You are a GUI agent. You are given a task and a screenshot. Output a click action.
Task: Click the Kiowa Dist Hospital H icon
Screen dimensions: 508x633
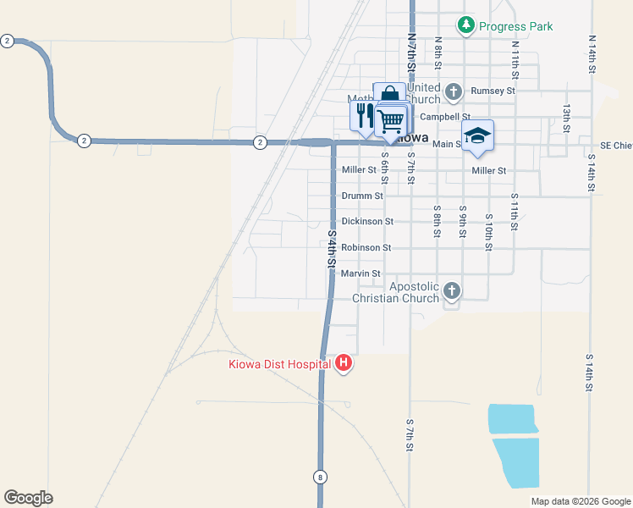(x=344, y=364)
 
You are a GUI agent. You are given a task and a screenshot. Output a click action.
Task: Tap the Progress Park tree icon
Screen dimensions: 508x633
(x=466, y=25)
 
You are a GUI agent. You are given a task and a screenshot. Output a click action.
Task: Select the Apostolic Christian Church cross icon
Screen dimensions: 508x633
(x=452, y=291)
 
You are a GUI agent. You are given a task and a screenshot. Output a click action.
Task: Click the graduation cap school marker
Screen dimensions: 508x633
(x=477, y=135)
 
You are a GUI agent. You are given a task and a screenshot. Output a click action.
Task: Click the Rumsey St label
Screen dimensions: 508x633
(x=493, y=91)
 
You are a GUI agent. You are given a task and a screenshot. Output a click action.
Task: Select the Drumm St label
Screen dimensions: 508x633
(x=361, y=196)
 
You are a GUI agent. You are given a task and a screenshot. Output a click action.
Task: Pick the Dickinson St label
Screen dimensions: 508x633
(x=367, y=221)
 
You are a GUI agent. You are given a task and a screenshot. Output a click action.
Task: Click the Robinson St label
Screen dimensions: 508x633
(x=366, y=247)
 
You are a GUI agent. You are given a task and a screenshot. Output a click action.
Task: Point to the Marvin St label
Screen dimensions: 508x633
(x=361, y=273)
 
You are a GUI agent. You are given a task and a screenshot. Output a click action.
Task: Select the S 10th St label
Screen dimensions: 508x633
(x=488, y=233)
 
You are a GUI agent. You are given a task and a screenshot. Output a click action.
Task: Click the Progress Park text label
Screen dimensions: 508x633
(x=515, y=26)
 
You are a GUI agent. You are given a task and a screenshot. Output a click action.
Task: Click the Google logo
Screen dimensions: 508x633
(x=28, y=498)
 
